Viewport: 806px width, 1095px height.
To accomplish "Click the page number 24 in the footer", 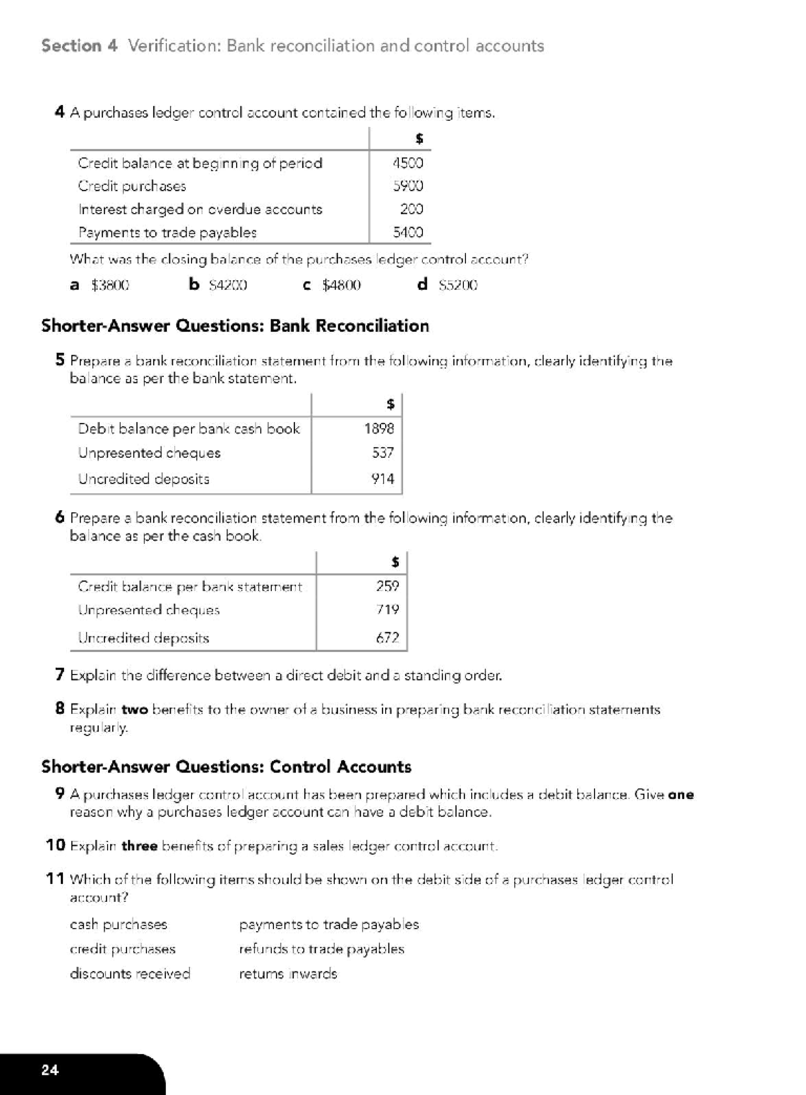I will (50, 1070).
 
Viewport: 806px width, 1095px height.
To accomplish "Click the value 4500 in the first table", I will (408, 163).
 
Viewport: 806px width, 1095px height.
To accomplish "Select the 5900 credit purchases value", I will (408, 186).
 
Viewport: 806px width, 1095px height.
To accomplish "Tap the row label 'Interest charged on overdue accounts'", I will (200, 210).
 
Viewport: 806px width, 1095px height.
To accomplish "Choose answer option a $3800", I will (100, 285).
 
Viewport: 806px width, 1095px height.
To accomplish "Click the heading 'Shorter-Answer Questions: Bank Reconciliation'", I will (235, 326).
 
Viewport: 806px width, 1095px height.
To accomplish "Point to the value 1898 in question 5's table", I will (379, 429).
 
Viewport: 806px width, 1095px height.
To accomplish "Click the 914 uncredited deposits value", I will (383, 479).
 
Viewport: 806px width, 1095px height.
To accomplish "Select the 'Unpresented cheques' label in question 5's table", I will (149, 453).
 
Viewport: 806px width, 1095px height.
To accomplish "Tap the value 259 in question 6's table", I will (388, 586).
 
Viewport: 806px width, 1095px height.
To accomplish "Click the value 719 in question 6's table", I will (388, 610).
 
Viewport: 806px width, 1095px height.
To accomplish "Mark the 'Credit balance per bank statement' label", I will (190, 587).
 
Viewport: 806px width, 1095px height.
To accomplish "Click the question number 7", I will (60, 674).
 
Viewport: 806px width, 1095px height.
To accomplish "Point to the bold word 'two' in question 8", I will (134, 710).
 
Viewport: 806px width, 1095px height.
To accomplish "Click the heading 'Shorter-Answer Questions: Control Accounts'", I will (226, 767).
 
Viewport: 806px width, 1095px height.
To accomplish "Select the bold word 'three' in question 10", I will (139, 846).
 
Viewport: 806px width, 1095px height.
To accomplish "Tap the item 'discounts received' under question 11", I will (130, 973).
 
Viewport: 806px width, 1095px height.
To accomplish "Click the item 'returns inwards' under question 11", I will (288, 974).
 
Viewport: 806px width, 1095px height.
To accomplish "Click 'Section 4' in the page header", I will (79, 46).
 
